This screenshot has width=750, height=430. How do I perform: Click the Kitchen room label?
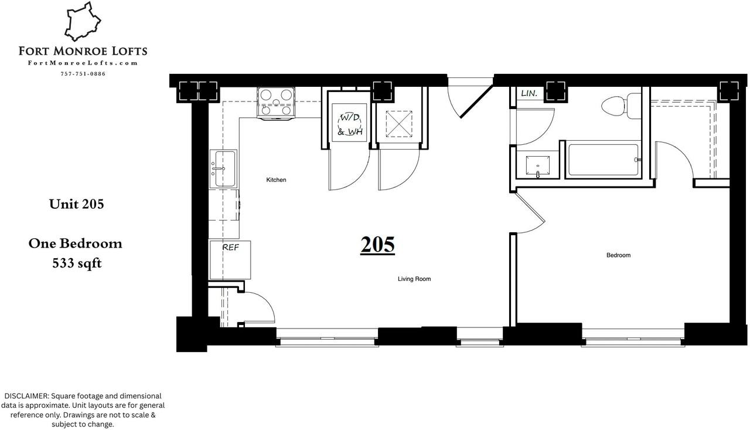click(x=276, y=180)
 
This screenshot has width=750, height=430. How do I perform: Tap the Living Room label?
click(x=414, y=279)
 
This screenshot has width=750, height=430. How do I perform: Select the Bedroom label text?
click(x=618, y=255)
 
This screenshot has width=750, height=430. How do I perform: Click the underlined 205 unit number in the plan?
click(x=377, y=245)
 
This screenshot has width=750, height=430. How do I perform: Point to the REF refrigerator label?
click(x=230, y=248)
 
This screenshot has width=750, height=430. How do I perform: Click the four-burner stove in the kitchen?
click(x=275, y=102)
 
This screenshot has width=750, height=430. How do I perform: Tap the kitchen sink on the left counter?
click(x=223, y=168)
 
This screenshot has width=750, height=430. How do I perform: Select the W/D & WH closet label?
click(x=350, y=124)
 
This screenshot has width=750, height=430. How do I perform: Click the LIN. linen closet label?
click(x=529, y=93)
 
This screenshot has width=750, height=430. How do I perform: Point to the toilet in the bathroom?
click(x=617, y=106)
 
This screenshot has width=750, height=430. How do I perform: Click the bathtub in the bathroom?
click(x=603, y=160)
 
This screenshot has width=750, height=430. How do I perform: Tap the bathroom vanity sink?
click(x=538, y=166)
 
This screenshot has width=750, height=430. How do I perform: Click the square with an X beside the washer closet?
click(x=398, y=124)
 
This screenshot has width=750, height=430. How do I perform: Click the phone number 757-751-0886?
click(x=83, y=74)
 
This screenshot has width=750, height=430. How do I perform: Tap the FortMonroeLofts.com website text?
click(x=83, y=63)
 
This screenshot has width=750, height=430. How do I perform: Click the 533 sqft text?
click(x=77, y=263)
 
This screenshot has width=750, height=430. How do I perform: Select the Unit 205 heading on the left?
click(x=76, y=204)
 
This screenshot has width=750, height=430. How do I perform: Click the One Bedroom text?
click(x=75, y=243)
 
